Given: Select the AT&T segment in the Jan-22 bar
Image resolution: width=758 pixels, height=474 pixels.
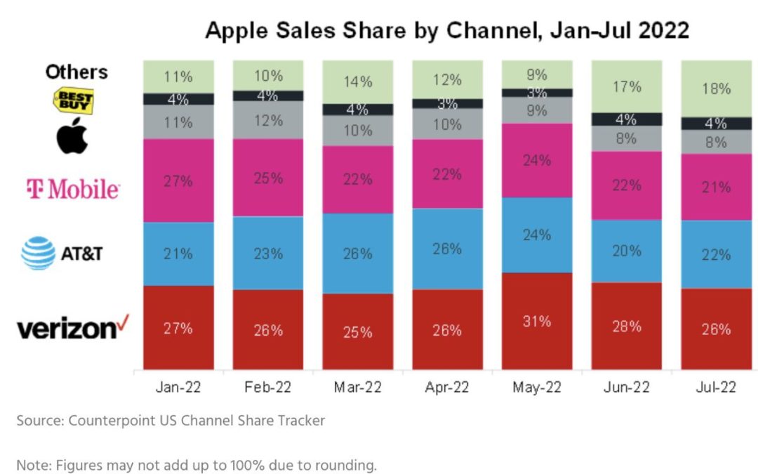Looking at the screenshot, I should [x=178, y=254].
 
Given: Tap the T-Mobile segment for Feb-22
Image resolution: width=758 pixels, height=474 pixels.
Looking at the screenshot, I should [x=268, y=178].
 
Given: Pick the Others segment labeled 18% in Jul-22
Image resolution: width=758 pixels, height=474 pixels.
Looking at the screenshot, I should [x=716, y=88].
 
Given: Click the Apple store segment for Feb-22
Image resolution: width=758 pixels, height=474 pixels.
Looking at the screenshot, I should [x=268, y=120].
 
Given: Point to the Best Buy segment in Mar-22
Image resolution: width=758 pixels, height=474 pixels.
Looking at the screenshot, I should [x=357, y=110].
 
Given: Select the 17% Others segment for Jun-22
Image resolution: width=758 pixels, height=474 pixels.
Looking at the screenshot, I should [x=626, y=86].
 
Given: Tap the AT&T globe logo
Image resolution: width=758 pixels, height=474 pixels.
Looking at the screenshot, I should [x=38, y=253].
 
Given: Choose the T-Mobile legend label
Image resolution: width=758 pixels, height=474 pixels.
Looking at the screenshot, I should [x=72, y=188].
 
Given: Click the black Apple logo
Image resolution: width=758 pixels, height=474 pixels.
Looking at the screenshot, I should [x=72, y=136].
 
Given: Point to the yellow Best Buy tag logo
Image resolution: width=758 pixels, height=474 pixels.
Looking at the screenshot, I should [x=74, y=100].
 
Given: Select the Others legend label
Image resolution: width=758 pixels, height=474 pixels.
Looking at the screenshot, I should [x=77, y=72].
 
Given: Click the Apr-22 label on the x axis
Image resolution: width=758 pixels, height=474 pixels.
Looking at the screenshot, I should [x=447, y=388].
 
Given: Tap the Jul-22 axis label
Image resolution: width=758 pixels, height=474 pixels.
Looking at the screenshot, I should [x=716, y=388].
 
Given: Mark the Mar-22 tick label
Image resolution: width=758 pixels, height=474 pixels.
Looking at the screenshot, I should [x=357, y=388].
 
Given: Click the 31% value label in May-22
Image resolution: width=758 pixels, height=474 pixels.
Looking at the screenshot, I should [x=536, y=321].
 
